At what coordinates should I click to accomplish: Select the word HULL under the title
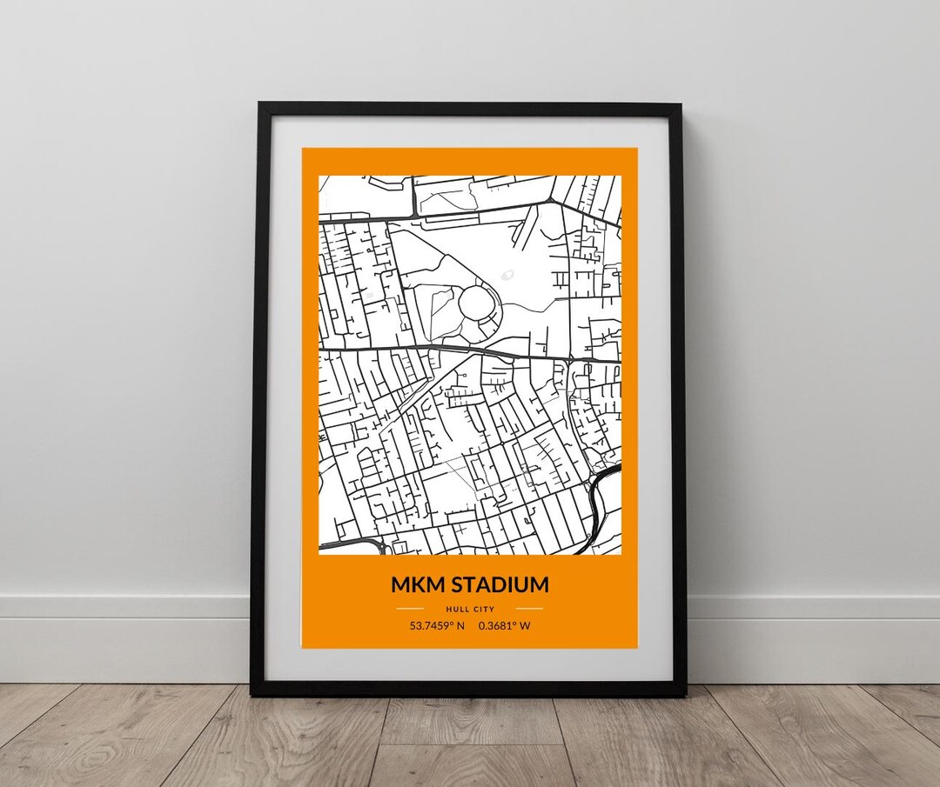click(x=456, y=609)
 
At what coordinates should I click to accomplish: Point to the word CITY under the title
click(x=483, y=609)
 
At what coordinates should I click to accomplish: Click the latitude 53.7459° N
click(x=437, y=625)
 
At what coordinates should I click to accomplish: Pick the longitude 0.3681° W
click(x=504, y=625)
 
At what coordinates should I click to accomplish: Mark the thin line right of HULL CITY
click(x=529, y=609)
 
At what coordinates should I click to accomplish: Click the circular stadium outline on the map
click(x=476, y=302)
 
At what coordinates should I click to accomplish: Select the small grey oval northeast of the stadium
click(x=507, y=275)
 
